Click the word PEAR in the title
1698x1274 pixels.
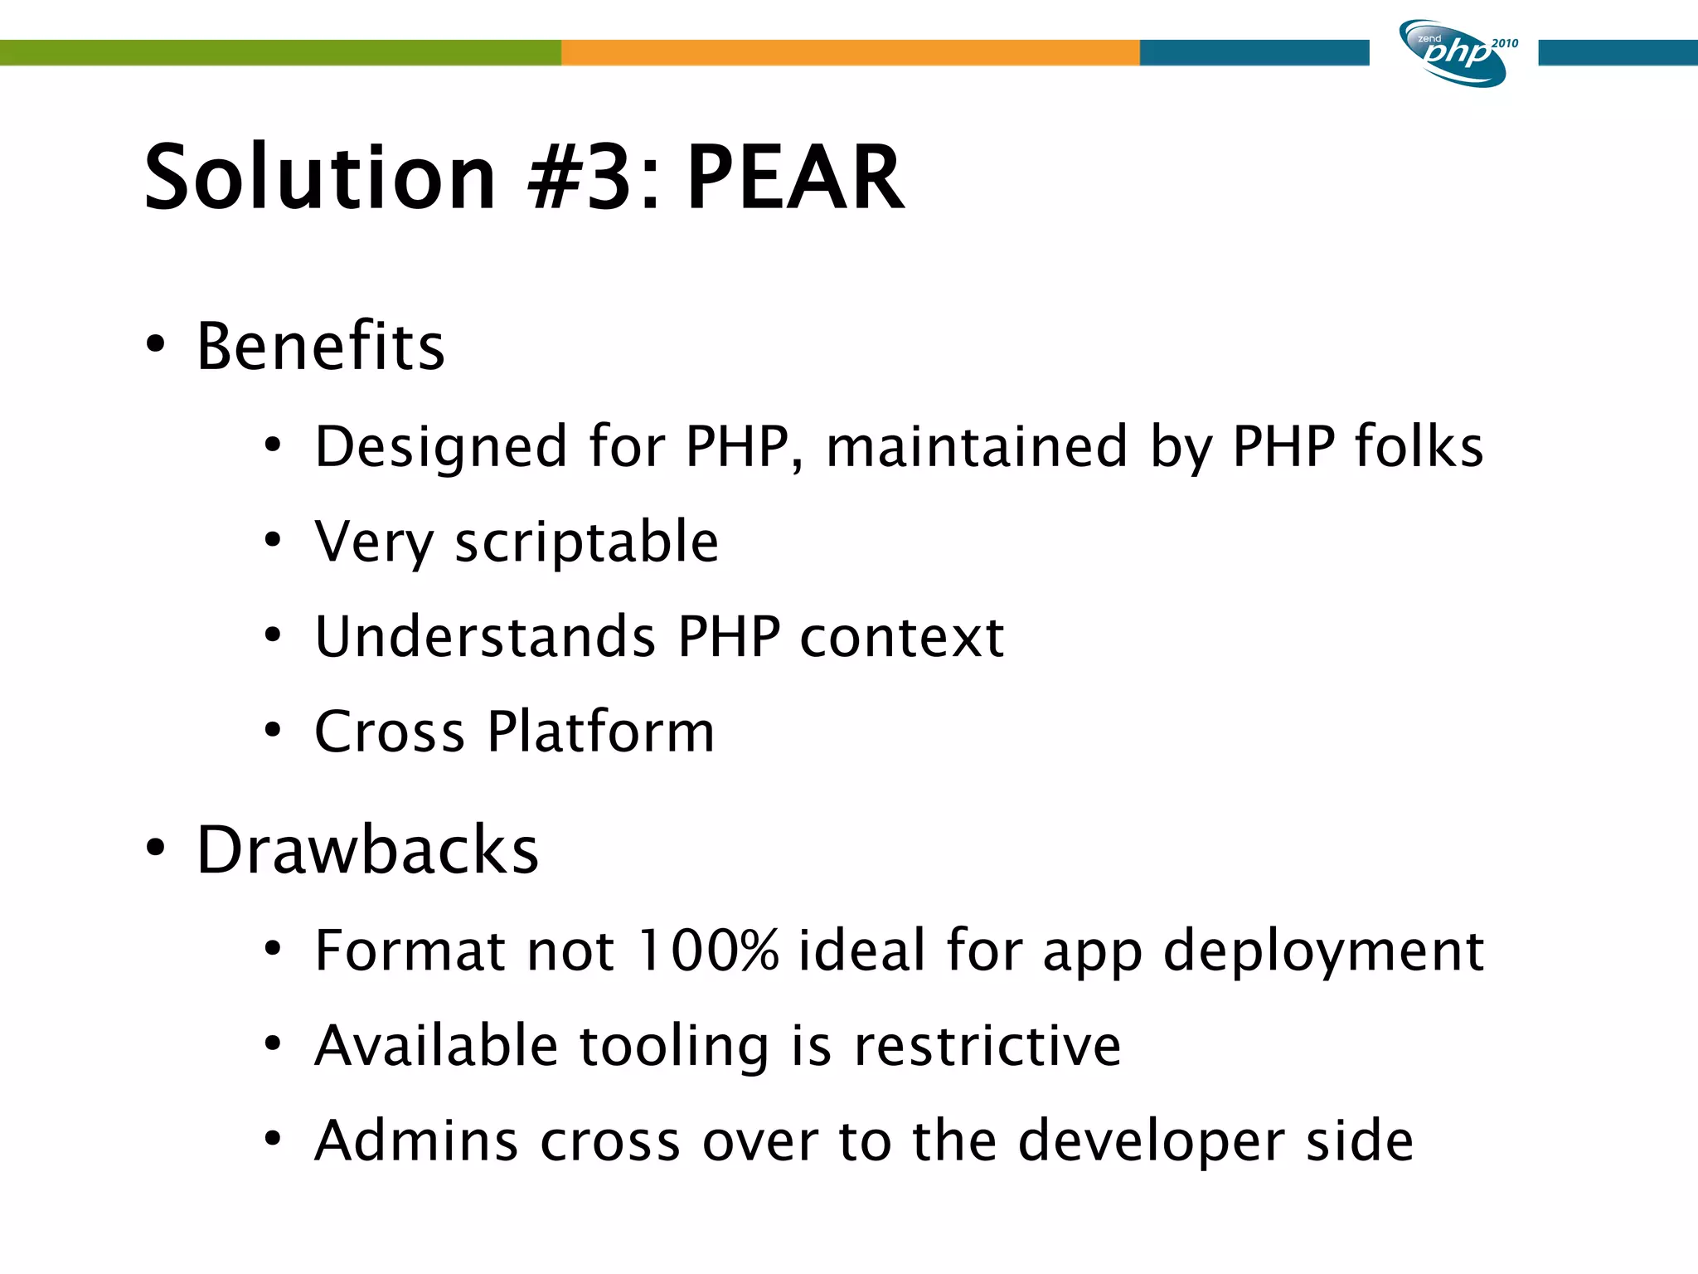[794, 177]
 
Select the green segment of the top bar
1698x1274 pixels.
[280, 52]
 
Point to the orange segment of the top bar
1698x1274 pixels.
[850, 52]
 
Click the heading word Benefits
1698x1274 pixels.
[321, 346]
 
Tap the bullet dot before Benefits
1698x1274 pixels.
[155, 345]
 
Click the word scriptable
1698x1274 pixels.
[586, 543]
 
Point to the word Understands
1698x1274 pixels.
[486, 637]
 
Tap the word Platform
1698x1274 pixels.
[600, 732]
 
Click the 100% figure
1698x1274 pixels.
[708, 951]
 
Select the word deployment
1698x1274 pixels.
[1323, 952]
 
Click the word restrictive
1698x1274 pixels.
[987, 1046]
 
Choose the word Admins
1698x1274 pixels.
[416, 1141]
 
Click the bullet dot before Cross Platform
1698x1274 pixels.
[273, 731]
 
